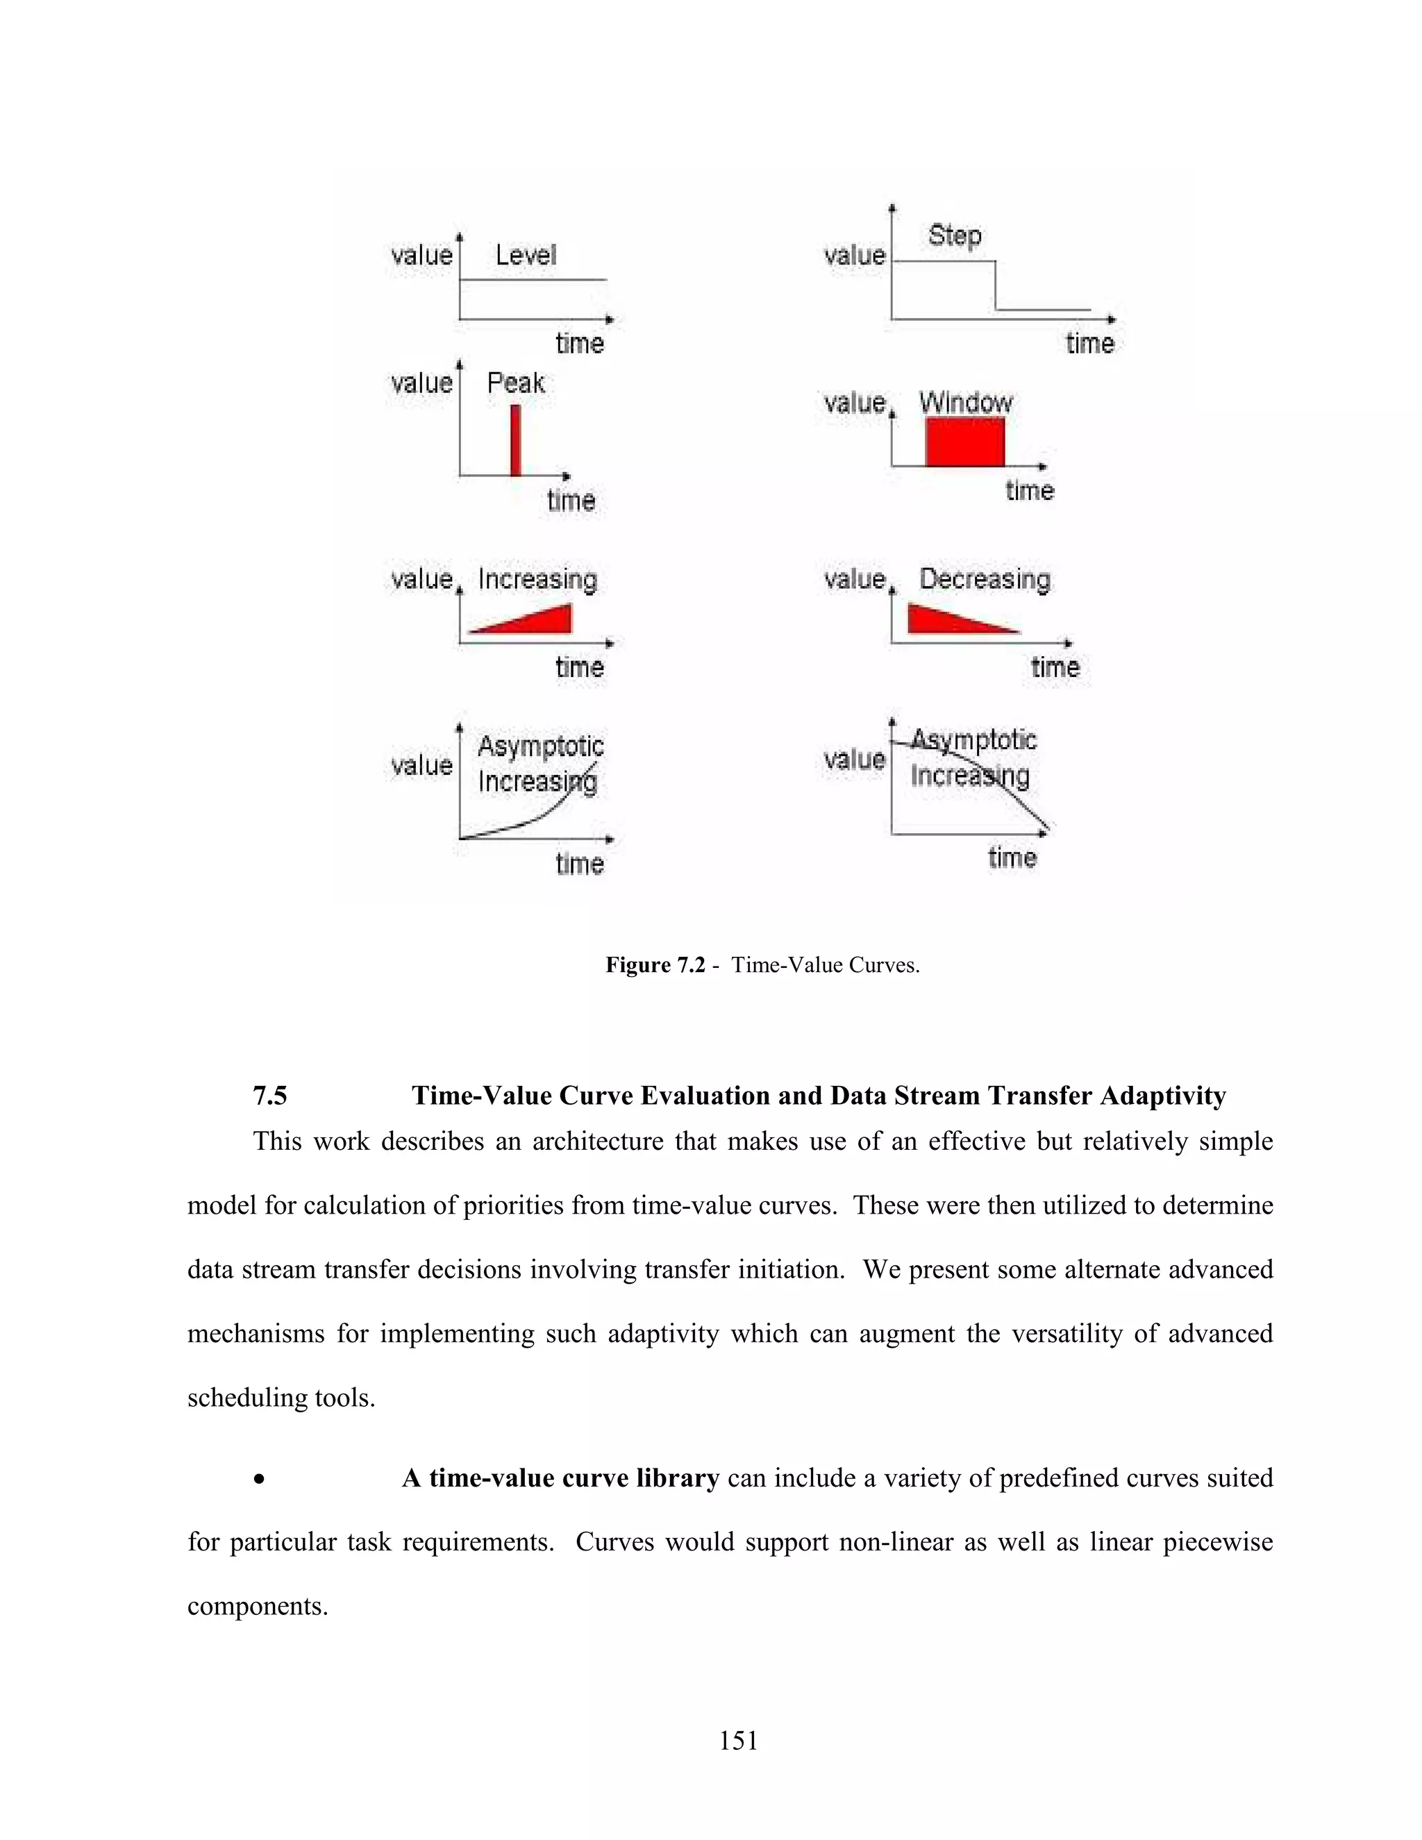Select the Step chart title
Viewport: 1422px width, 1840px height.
(x=955, y=235)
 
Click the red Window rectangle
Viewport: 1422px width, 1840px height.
(x=964, y=442)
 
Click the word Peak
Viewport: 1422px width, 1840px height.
(x=516, y=383)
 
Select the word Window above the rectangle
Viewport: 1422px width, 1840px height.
(x=965, y=402)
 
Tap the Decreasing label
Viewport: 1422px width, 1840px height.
(x=985, y=579)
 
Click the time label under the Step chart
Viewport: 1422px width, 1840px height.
(x=1089, y=343)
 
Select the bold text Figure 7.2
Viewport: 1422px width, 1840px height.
(x=655, y=964)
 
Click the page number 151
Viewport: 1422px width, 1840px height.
(x=738, y=1741)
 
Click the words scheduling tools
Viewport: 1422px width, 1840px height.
(x=280, y=1398)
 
